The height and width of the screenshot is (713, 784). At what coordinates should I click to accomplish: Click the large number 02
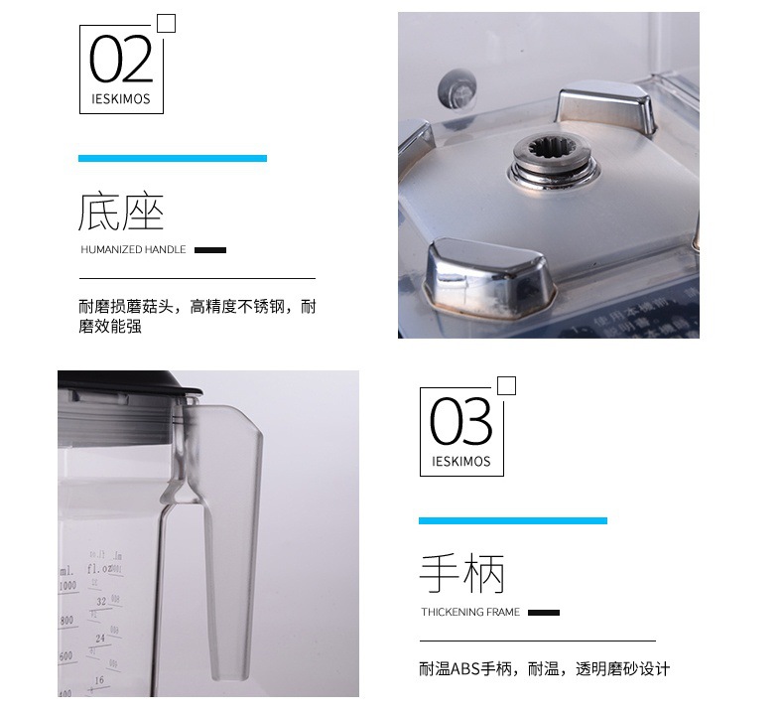coord(121,59)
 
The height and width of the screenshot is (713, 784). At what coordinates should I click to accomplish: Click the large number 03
coord(461,421)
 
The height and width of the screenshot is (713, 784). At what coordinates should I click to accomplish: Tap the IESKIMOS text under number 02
coord(121,99)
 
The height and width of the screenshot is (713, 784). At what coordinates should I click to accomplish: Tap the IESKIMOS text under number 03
coord(461,462)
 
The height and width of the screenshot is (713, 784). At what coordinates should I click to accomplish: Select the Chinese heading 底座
coord(121,213)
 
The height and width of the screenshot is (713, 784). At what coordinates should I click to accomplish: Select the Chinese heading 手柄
coord(461,575)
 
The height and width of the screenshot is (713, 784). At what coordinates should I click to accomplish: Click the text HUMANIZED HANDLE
coord(133,250)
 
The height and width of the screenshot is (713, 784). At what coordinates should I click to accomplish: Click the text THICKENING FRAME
coord(470,613)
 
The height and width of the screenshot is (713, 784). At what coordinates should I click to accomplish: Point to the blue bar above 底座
coord(173,158)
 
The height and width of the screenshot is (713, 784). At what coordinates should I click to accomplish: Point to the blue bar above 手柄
coord(512,520)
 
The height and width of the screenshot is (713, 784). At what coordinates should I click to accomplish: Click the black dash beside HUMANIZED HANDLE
coord(210,250)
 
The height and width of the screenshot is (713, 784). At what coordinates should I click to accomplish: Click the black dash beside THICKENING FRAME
coord(544,613)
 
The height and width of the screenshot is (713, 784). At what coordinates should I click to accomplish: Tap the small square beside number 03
coord(506,386)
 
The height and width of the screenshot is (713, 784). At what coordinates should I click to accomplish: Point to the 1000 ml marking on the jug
coord(67,586)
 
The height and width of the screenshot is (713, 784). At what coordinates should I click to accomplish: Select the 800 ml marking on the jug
coord(67,621)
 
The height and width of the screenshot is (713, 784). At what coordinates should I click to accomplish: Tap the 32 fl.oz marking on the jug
coord(100,601)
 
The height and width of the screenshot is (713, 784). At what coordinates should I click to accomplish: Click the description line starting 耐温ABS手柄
coord(545,669)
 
